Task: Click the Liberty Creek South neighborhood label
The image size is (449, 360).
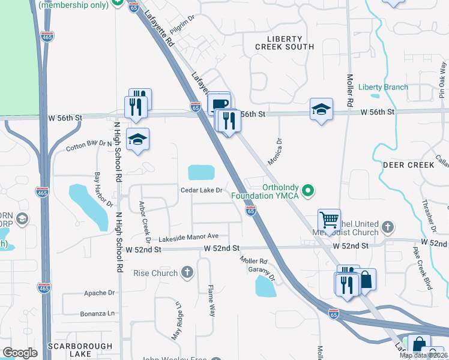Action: pos(284,42)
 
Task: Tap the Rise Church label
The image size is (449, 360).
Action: pos(155,274)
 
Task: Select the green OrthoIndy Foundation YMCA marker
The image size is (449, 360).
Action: pos(309,191)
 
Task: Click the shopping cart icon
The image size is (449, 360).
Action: pos(329,220)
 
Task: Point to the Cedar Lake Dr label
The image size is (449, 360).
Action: pos(202,190)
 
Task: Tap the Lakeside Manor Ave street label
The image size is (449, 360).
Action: pos(184,236)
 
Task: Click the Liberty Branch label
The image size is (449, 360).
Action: pos(383,87)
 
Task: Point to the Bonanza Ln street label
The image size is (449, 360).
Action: pos(97,313)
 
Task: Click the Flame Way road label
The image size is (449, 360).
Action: pos(211,301)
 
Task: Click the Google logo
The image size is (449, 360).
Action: pos(20,353)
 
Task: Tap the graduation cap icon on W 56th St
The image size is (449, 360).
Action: pos(321,109)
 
